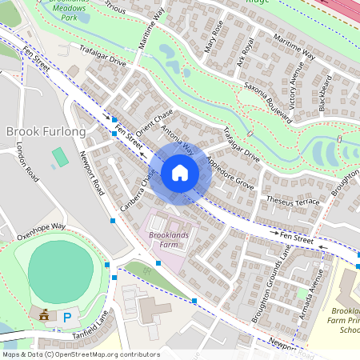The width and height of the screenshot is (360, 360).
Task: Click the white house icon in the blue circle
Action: coord(180,173)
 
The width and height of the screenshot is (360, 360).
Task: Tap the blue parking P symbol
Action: coord(68,318)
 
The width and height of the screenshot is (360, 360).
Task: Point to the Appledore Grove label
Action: coord(230,174)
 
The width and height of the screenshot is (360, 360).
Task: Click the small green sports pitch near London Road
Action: coord(60,157)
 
